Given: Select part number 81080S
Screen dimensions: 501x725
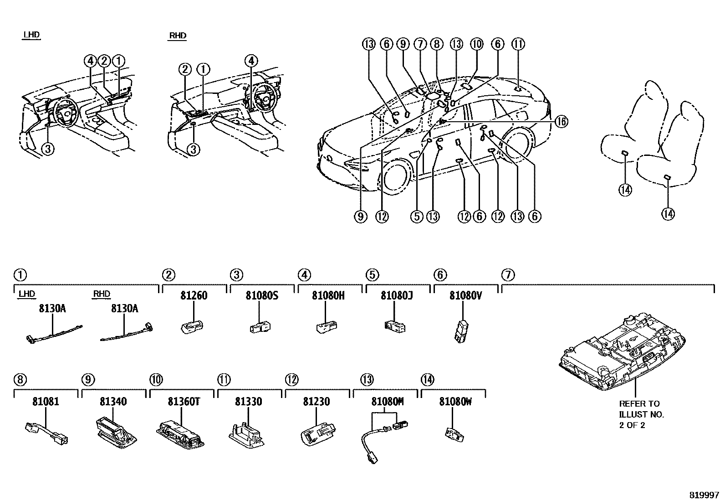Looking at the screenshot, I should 262,295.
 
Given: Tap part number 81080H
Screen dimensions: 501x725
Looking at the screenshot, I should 328,295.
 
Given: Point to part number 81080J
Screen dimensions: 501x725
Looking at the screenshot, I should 397,295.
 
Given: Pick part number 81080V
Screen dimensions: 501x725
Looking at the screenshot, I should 465,295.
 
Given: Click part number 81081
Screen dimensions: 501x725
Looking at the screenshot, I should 46,402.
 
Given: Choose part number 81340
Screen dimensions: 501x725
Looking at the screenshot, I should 113,402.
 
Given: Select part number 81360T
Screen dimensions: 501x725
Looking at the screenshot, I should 182,402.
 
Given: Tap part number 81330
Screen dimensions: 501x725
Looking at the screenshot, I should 248,402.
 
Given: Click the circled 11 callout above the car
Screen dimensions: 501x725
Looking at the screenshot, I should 518,44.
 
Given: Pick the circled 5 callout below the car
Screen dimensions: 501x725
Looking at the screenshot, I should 417,217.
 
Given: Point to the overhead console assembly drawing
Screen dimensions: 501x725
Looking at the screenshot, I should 636,351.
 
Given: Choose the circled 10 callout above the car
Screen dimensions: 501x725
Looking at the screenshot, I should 476,44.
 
